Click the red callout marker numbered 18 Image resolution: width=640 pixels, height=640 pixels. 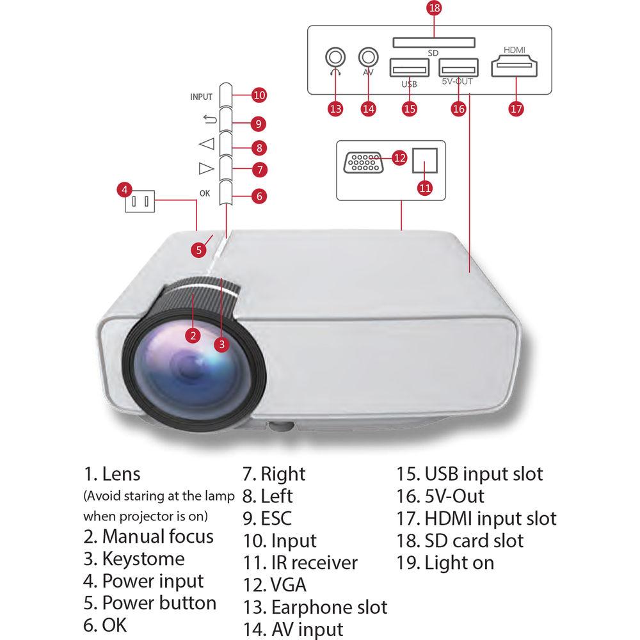(434, 9)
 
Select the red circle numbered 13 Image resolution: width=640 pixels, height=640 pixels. (335, 108)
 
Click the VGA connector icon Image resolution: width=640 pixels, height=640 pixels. (364, 162)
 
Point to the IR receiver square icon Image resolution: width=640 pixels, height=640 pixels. (425, 160)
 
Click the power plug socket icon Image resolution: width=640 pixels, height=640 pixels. (140, 203)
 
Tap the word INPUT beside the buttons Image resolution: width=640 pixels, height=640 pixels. (201, 97)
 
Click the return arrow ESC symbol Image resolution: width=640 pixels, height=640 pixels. (206, 119)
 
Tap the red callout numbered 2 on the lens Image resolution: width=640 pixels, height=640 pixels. (193, 334)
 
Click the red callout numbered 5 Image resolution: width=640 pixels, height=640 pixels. (200, 250)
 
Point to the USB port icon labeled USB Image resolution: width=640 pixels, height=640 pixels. (409, 68)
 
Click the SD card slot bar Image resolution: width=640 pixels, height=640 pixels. (433, 42)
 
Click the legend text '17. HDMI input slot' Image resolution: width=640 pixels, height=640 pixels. (476, 518)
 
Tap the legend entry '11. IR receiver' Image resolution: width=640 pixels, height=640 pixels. (300, 563)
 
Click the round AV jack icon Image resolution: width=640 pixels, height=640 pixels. (368, 57)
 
